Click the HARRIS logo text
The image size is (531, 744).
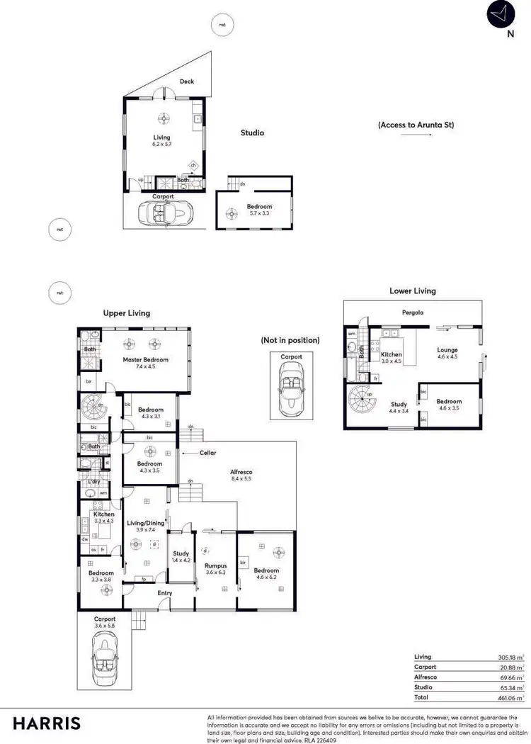(47, 723)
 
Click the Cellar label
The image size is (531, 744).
(207, 452)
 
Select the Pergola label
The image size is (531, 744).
(413, 312)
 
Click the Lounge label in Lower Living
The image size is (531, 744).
(447, 349)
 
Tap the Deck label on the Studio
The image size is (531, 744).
(186, 81)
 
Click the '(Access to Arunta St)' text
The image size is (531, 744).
(416, 125)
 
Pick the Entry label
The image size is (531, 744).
(164, 592)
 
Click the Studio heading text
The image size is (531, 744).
(252, 133)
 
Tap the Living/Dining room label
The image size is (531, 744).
(145, 523)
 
